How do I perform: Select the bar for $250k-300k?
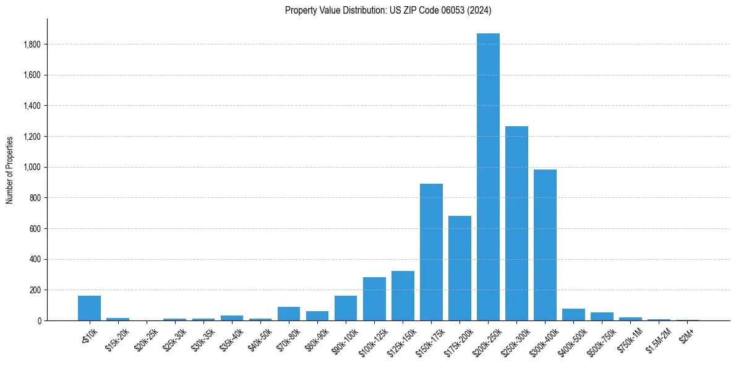pos(516,223)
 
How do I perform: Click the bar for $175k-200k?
pos(460,268)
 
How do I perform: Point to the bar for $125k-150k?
pos(403,296)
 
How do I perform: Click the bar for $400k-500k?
pos(573,314)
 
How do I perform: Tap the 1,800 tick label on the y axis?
pos(32,45)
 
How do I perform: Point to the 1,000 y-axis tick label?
pos(32,167)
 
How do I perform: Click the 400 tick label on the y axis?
pos(36,259)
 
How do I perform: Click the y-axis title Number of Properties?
pos(10,170)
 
